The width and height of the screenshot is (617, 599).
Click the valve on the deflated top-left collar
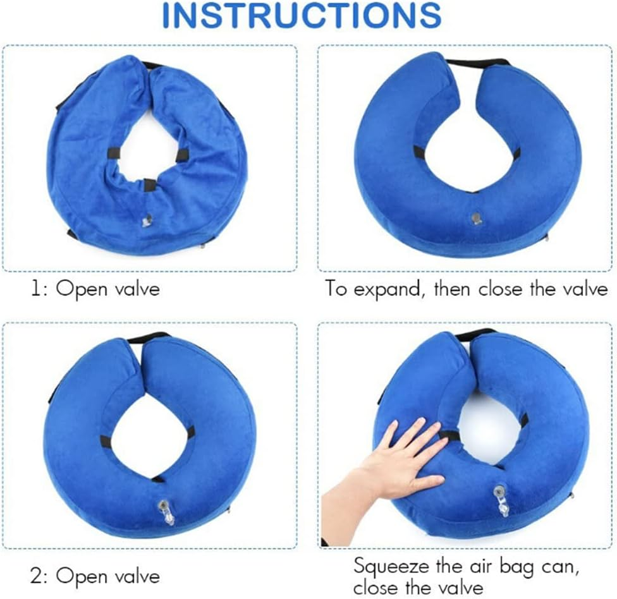point(147,220)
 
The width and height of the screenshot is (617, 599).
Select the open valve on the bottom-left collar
point(168,510)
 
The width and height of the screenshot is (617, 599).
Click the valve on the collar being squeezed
point(502,500)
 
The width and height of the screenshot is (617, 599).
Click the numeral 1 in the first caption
point(37,289)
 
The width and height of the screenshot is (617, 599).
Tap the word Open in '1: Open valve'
point(78,289)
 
